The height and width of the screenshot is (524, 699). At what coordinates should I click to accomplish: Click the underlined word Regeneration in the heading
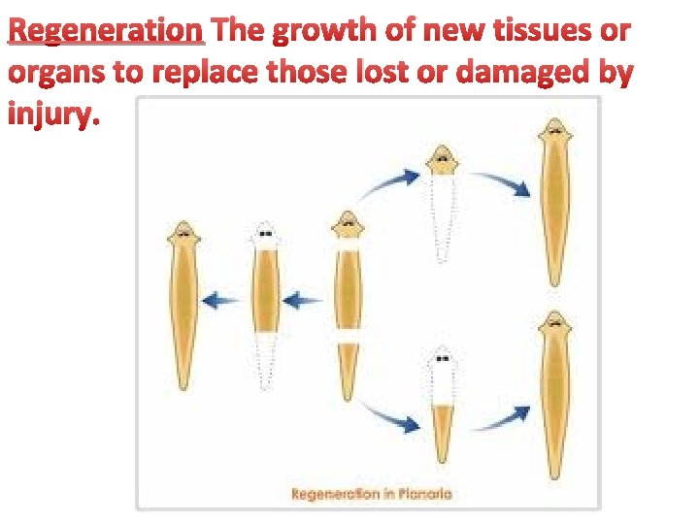[106, 31]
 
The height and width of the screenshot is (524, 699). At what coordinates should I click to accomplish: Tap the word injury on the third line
[52, 115]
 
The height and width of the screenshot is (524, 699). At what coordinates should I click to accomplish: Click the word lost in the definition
[406, 74]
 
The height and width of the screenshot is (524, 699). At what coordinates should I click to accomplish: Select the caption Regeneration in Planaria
[372, 494]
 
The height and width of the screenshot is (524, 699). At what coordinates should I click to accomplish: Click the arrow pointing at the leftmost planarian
[221, 302]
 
